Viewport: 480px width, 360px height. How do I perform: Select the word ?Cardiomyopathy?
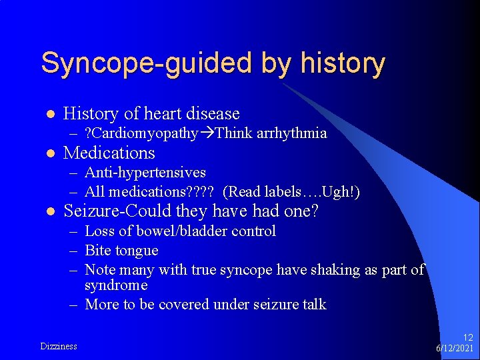142,133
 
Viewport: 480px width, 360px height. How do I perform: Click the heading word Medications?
109,153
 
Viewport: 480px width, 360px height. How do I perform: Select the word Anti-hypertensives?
145,173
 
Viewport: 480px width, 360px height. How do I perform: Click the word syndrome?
116,285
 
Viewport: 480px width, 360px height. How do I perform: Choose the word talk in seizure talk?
313,305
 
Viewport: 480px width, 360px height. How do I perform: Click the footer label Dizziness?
59,346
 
